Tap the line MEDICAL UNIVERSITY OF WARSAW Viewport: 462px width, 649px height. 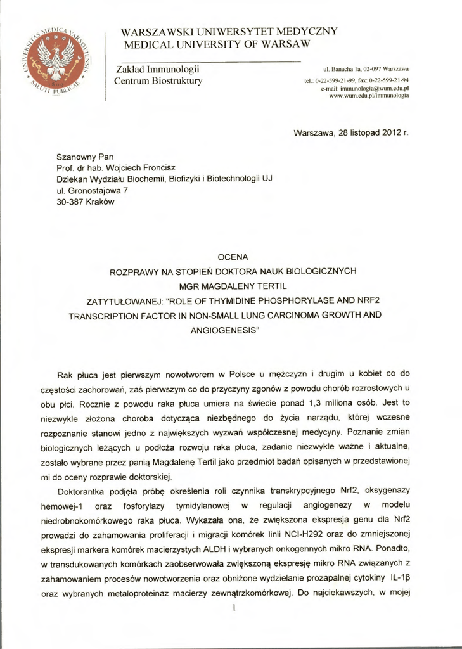[217, 44]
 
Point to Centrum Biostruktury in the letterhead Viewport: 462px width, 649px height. [158, 81]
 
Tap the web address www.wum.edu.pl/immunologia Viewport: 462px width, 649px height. [375, 96]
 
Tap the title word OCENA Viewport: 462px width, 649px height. [231, 257]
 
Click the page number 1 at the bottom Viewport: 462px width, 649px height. [234, 608]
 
